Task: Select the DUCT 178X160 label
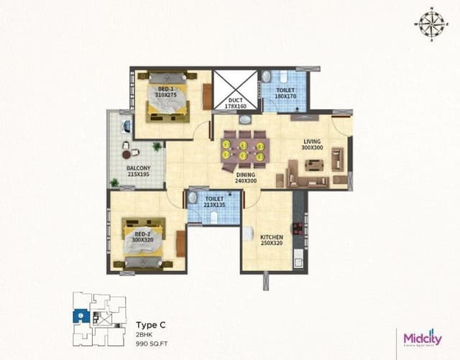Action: (x=235, y=103)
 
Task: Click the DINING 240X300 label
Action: (x=246, y=177)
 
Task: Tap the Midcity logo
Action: (x=421, y=337)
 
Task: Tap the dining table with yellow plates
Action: (x=244, y=149)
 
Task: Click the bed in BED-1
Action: (x=167, y=99)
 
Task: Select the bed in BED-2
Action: (x=144, y=242)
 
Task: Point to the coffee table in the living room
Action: (x=314, y=165)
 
